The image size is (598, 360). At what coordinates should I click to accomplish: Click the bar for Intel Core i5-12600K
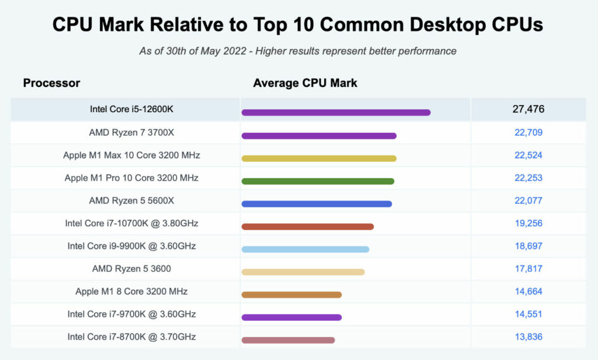(x=336, y=112)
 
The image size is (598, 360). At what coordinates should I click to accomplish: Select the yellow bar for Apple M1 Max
(x=319, y=158)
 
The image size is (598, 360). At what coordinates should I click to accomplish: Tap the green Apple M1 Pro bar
(x=318, y=181)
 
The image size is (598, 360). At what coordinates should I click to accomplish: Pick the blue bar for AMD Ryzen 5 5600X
(x=317, y=204)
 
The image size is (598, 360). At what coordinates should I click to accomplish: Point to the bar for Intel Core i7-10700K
(x=307, y=227)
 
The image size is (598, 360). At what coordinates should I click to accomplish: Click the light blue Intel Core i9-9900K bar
(x=305, y=249)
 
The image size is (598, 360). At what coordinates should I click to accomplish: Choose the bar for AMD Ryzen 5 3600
(x=303, y=272)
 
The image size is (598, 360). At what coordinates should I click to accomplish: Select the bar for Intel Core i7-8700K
(x=288, y=340)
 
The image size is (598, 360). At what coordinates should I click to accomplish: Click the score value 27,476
(x=529, y=109)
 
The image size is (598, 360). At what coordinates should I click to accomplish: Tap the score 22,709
(x=529, y=133)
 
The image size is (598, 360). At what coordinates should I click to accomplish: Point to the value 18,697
(x=529, y=246)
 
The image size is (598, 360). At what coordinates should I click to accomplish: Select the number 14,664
(x=529, y=291)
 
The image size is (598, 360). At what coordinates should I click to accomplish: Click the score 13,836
(x=529, y=337)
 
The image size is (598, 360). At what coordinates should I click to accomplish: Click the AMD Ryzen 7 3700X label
(x=131, y=133)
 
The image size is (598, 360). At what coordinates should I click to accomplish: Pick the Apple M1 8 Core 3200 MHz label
(x=131, y=291)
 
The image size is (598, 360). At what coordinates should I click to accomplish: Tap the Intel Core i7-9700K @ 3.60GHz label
(x=131, y=314)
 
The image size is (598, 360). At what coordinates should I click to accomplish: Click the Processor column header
(x=51, y=83)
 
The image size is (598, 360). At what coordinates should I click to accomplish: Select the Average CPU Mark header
(x=305, y=83)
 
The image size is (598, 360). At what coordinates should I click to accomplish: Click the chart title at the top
(x=298, y=25)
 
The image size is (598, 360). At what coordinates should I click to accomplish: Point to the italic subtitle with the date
(x=298, y=51)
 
